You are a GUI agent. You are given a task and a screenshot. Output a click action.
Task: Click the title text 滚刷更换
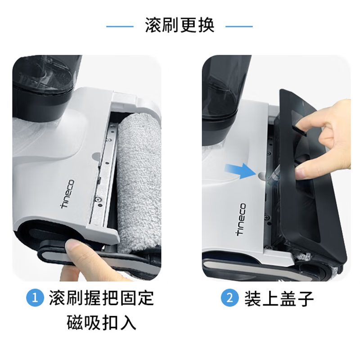tap(180, 26)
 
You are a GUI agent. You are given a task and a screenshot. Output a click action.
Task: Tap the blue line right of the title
tap(239, 26)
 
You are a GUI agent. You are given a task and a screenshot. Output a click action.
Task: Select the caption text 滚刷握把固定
tap(101, 299)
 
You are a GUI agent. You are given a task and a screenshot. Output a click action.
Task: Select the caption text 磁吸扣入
tap(101, 323)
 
